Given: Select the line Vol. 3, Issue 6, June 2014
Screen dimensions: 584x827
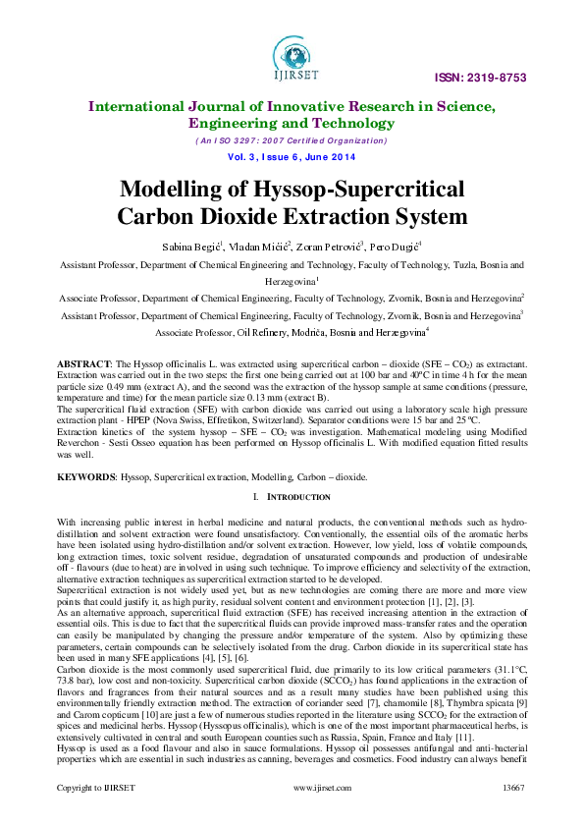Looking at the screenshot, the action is click(x=292, y=156).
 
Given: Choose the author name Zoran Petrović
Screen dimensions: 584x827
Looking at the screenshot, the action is click(x=328, y=245).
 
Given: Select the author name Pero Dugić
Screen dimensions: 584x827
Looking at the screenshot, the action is click(x=391, y=245).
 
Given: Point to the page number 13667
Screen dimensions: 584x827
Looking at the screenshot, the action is click(x=514, y=788).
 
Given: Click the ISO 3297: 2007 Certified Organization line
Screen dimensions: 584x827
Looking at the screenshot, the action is click(x=292, y=140).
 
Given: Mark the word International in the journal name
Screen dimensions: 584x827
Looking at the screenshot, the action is click(x=140, y=106).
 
